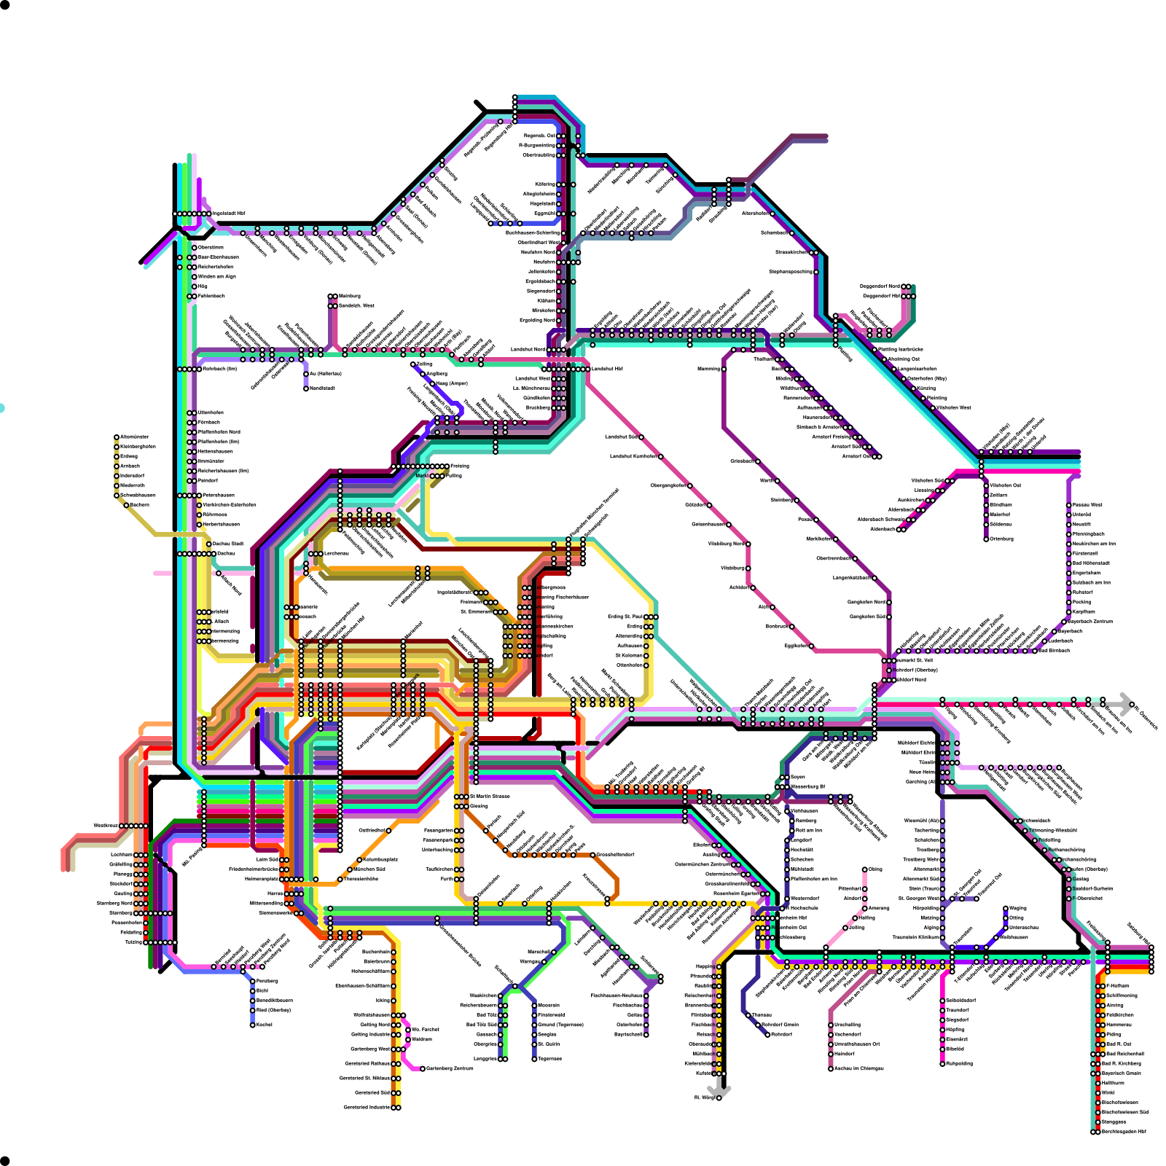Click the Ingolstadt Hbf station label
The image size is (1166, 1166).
tap(229, 214)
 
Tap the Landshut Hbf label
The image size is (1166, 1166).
tap(607, 369)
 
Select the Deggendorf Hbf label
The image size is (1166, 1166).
tap(881, 296)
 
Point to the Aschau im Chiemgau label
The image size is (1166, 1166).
tap(858, 1068)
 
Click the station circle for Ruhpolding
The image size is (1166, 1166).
tap(942, 1063)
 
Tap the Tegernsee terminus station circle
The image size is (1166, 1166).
tap(535, 1058)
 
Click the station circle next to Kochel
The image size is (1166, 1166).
tap(253, 1025)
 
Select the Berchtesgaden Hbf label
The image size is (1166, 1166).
tap(1124, 1132)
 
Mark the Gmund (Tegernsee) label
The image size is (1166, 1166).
tap(560, 1025)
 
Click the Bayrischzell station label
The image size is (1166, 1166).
tap(629, 1034)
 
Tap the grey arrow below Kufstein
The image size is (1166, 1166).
tap(719, 1090)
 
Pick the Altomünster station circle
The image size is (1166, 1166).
tap(117, 437)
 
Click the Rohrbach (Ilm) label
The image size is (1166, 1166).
tap(219, 369)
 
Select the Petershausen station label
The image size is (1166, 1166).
tap(218, 495)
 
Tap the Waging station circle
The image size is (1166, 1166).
tap(1006, 908)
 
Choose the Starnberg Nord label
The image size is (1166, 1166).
tap(115, 903)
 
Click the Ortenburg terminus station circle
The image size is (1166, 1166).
tap(986, 539)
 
